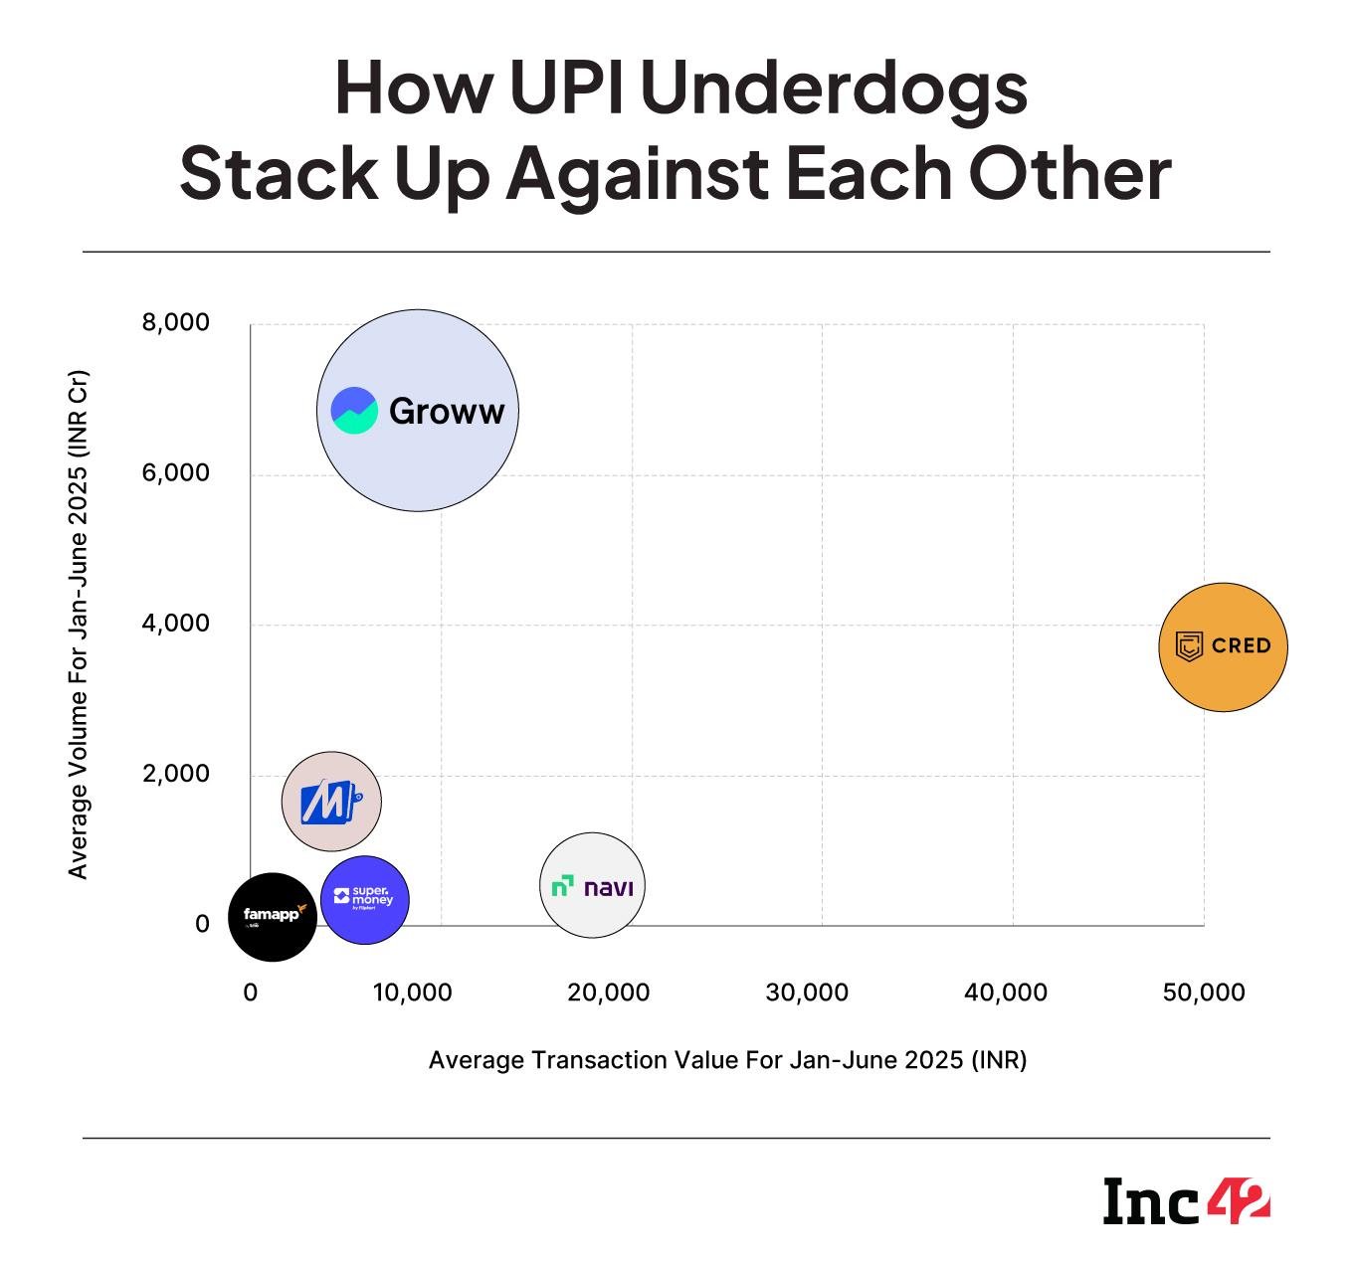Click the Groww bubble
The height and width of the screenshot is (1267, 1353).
click(418, 410)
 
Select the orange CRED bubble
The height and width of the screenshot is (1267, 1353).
click(1223, 646)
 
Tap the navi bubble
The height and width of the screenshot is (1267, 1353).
click(593, 885)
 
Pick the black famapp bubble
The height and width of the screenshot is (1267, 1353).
click(272, 916)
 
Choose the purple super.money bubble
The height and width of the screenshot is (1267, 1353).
click(365, 899)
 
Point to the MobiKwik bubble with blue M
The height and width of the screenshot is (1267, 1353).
click(331, 801)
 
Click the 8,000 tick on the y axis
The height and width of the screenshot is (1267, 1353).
click(177, 323)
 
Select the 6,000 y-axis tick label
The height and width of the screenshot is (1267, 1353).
click(177, 473)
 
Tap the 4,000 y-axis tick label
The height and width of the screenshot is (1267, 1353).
click(177, 624)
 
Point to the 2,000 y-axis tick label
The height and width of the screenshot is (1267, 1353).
click(177, 774)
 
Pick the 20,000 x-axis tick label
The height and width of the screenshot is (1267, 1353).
click(609, 993)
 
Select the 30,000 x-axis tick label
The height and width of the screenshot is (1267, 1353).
click(808, 993)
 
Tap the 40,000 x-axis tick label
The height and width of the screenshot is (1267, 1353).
click(1006, 993)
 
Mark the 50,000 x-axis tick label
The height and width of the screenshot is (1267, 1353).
click(1204, 993)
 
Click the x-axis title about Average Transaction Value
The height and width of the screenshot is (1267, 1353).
click(727, 1060)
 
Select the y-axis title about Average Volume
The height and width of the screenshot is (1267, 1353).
click(79, 625)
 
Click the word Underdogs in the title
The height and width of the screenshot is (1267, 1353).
click(840, 90)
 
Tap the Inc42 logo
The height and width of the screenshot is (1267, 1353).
click(1186, 1201)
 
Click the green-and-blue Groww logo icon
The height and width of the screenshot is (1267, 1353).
click(354, 411)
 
